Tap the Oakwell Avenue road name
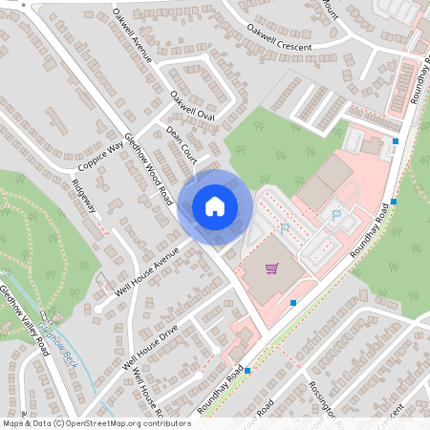(x=132, y=34)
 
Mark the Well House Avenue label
(x=144, y=271)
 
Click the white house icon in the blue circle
(x=215, y=206)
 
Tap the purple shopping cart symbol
(x=272, y=268)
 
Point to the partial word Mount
(x=332, y=6)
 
